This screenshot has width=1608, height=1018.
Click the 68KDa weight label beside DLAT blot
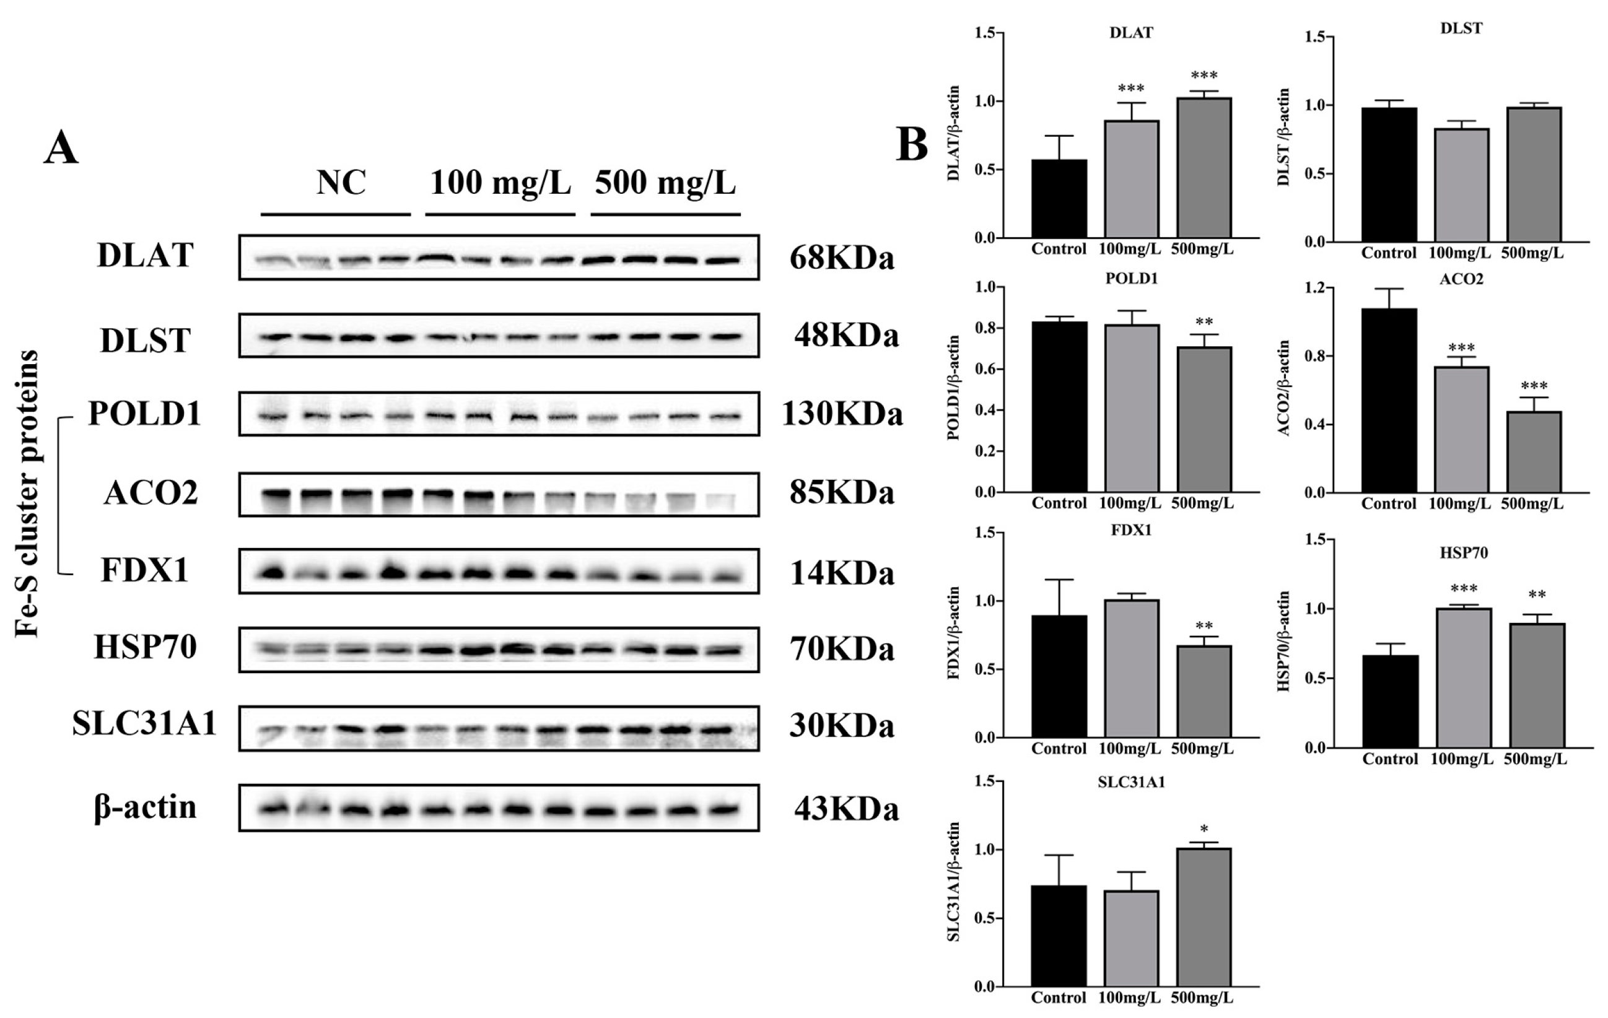(841, 258)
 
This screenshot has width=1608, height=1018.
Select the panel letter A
(61, 148)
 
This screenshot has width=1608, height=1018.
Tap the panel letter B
(912, 144)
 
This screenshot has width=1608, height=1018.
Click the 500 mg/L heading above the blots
(665, 182)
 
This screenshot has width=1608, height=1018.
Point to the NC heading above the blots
(341, 182)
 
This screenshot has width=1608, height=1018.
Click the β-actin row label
(145, 807)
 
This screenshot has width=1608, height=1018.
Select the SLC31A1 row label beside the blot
(144, 724)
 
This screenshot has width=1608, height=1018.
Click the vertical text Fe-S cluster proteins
(28, 494)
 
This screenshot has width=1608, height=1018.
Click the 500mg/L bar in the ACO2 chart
(1534, 452)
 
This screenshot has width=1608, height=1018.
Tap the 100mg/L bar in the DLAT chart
(1131, 179)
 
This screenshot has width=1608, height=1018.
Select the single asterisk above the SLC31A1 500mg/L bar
(1204, 830)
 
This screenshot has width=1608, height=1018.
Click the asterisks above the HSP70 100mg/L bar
(1464, 589)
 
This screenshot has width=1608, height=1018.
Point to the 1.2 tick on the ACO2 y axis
(1315, 289)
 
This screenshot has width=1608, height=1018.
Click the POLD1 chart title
(1131, 279)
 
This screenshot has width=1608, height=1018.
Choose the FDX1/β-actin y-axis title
(953, 633)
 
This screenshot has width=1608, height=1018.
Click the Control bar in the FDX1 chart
(1059, 676)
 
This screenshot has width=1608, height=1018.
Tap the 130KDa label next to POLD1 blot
(841, 414)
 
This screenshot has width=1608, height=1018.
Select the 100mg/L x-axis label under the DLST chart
(1460, 254)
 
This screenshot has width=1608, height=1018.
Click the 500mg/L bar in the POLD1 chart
(1204, 419)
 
